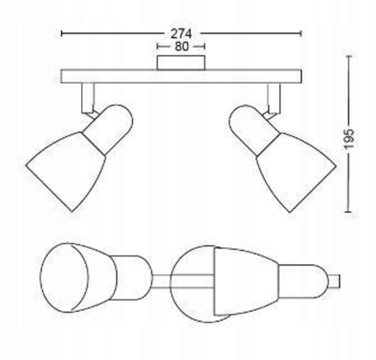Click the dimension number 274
tap(182, 33)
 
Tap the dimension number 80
tap(181, 48)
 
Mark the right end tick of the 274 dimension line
tap(302, 33)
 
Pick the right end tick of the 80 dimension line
tap(206, 48)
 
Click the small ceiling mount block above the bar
tap(181, 63)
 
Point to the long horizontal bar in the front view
tap(181, 76)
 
